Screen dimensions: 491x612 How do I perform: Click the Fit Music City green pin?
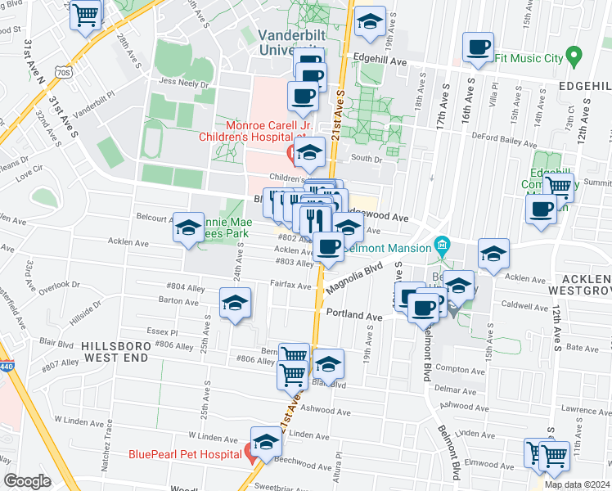coord(574,57)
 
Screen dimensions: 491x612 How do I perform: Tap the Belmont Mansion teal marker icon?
coord(443,244)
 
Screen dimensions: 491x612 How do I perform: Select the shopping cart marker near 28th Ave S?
coord(86,16)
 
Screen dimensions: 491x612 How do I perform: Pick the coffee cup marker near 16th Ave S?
coord(478,47)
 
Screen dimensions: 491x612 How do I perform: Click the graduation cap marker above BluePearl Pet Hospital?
coord(266,443)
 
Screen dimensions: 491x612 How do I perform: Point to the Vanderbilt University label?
coord(293,43)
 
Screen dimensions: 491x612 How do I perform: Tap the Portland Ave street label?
coord(354,315)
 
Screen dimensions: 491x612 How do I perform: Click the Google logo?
coord(28,481)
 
